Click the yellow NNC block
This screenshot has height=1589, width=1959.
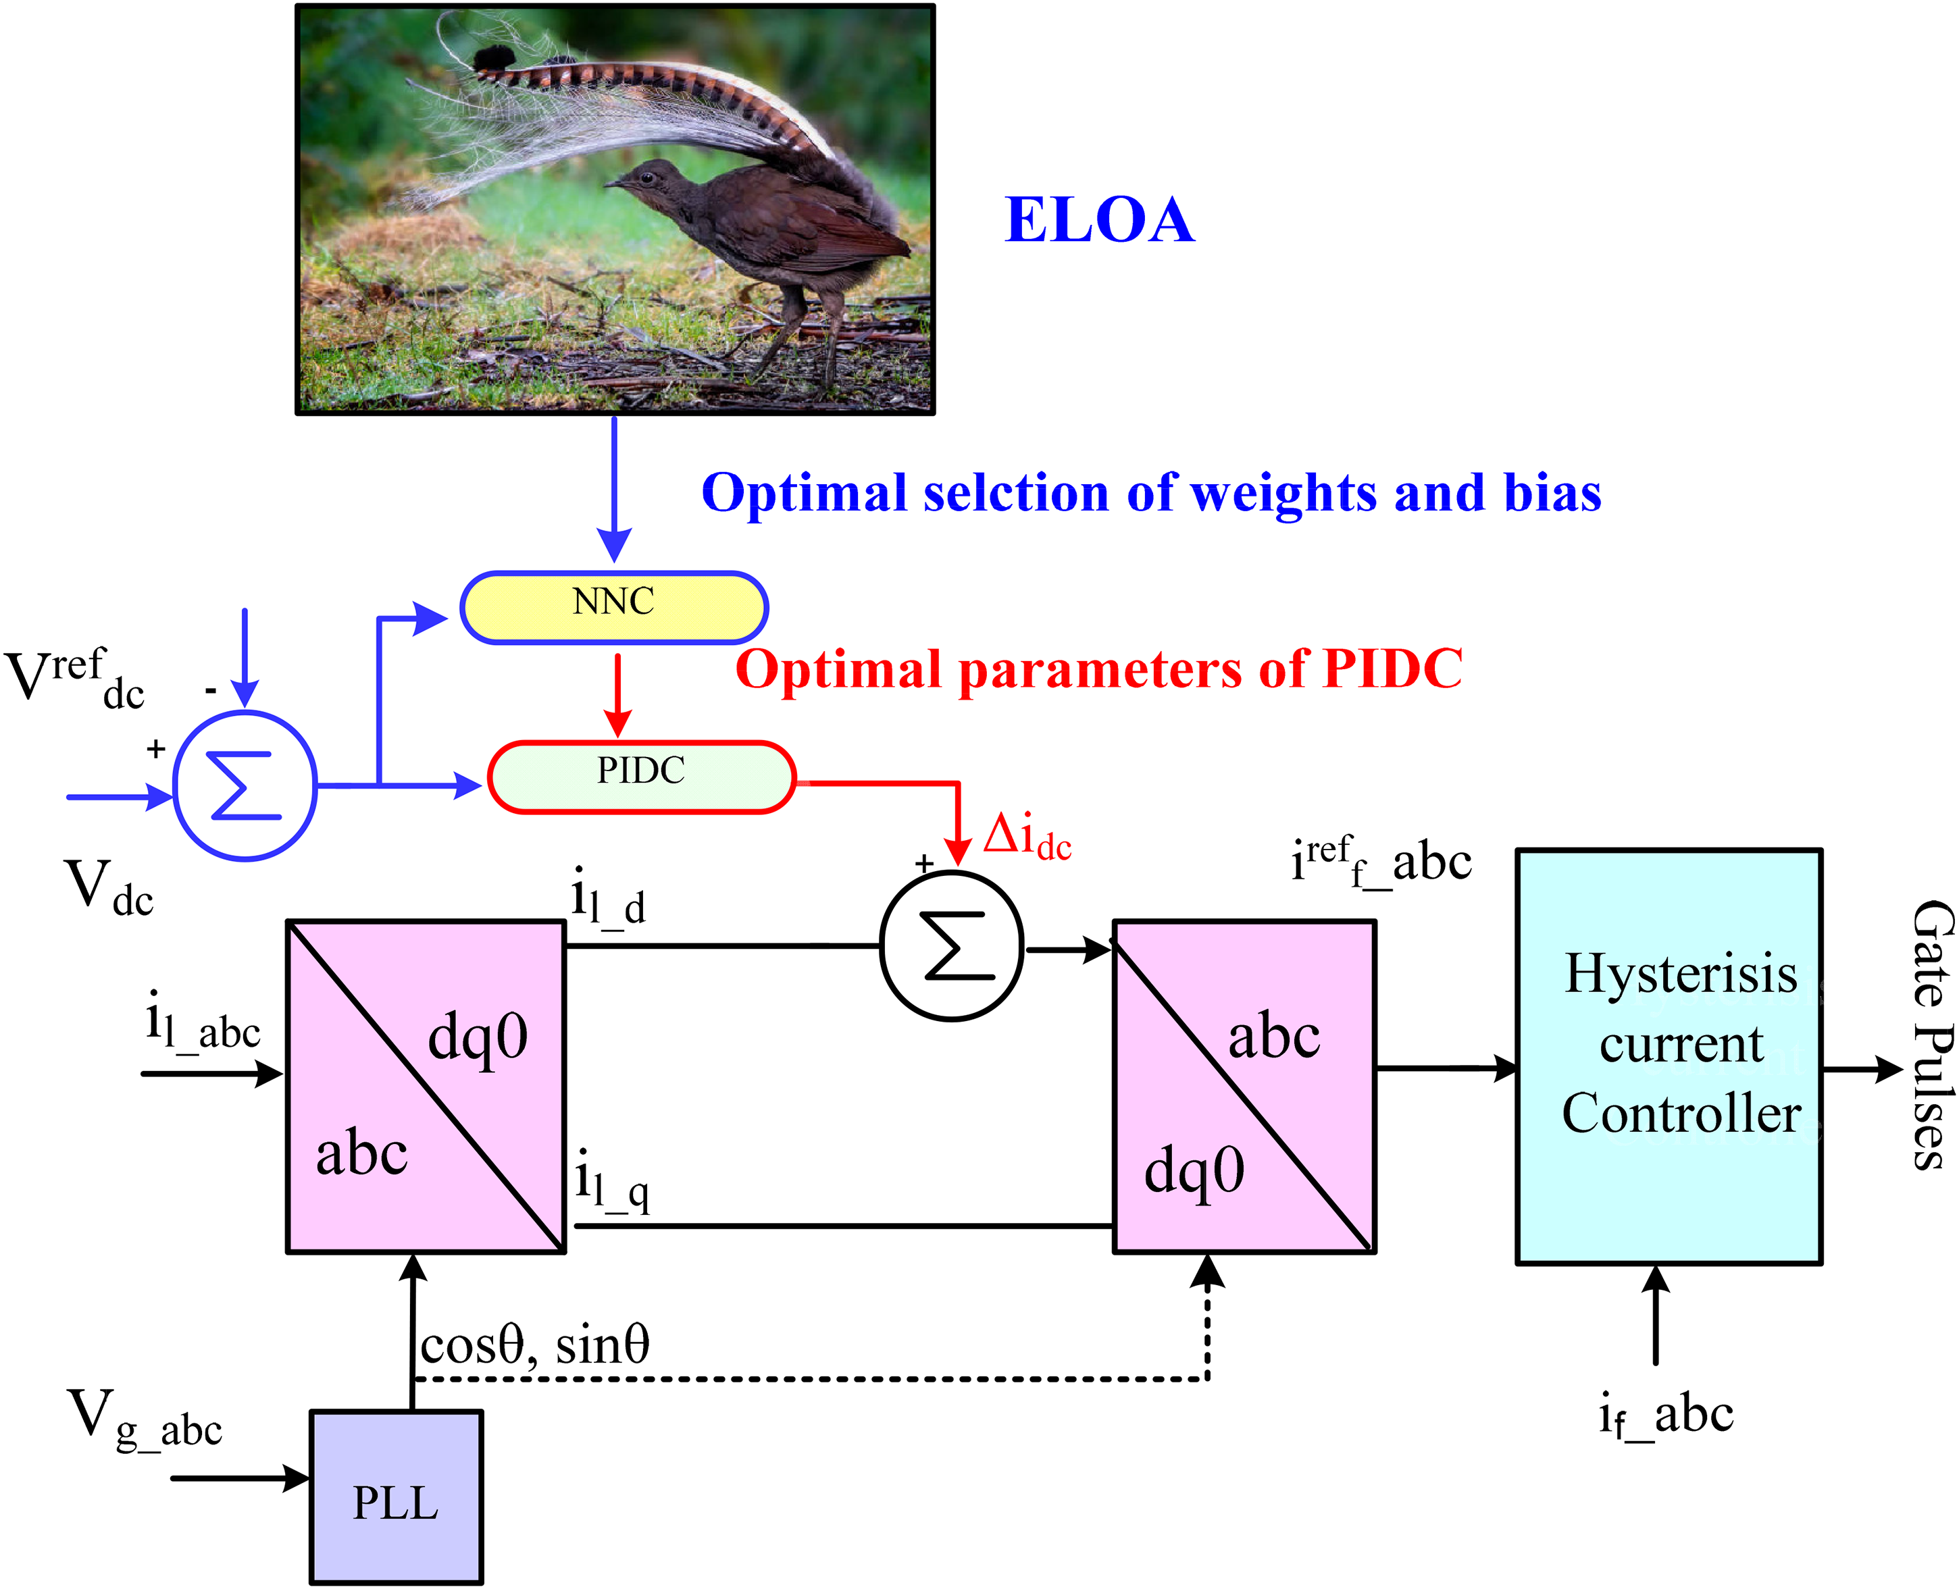tap(613, 608)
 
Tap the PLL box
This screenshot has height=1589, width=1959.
tap(397, 1496)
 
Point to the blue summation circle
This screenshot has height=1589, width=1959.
tap(245, 785)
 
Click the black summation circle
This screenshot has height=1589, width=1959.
tap(952, 945)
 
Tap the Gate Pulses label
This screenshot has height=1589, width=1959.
tap(1933, 1035)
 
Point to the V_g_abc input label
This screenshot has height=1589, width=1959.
tap(145, 1419)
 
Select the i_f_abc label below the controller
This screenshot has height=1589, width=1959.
tap(1666, 1415)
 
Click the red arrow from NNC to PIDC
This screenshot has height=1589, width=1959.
tap(618, 695)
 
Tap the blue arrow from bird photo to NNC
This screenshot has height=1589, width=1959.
tap(614, 490)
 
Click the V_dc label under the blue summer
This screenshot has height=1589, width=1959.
tap(109, 888)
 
